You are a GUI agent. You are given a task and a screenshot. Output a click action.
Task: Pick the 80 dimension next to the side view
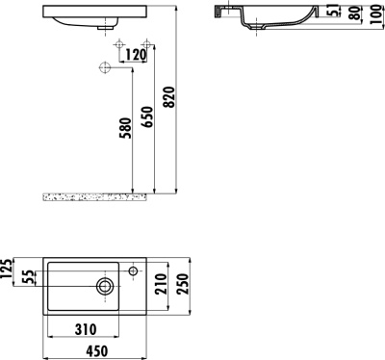coord(353,14)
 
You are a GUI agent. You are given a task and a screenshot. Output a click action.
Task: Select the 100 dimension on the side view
coord(374,17)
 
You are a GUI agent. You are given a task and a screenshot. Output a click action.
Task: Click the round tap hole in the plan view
coord(103,285)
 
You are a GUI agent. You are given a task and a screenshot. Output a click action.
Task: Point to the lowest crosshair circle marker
coord(103,66)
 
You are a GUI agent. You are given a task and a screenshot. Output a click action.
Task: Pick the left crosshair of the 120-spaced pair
coord(118,45)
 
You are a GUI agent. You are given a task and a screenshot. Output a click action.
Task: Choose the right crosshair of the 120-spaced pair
coord(147,45)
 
